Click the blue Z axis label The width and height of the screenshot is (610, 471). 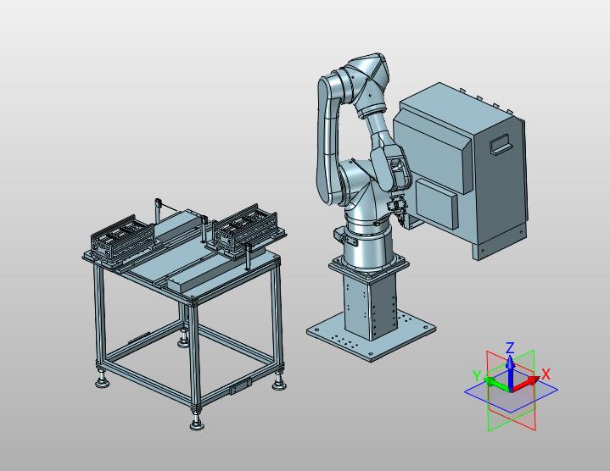510,347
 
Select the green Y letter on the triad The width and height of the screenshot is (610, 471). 477,375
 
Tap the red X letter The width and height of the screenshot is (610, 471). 546,374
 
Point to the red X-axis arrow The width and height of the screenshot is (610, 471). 525,383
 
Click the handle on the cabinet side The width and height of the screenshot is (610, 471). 501,144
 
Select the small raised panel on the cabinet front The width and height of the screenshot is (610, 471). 436,202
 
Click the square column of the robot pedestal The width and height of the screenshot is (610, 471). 370,305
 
